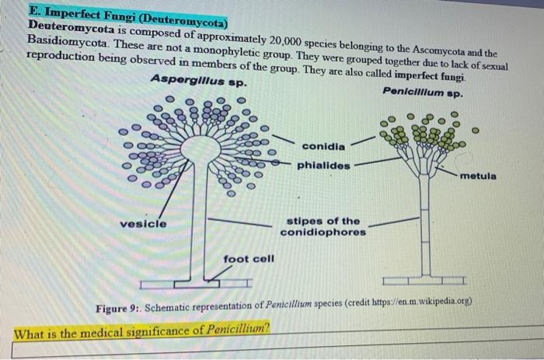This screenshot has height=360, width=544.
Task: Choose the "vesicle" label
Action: (143, 224)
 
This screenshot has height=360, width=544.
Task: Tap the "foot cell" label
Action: (249, 258)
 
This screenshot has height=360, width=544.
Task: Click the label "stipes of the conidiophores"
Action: (323, 226)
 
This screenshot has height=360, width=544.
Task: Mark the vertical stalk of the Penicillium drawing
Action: (424, 225)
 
